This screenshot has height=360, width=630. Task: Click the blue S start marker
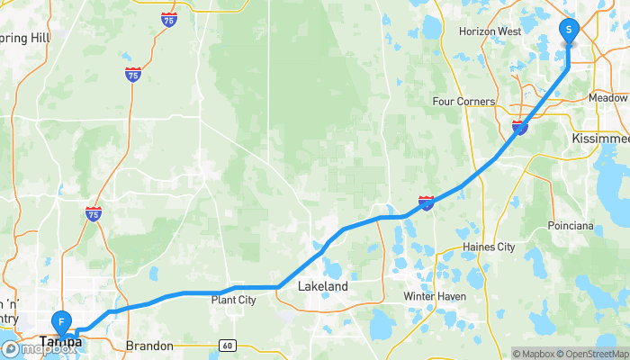point(569,31)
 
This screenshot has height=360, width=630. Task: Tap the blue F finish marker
point(61,321)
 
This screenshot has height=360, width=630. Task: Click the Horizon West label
point(490,31)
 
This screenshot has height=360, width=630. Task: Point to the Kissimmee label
point(600,139)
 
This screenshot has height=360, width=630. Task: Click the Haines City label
point(487,247)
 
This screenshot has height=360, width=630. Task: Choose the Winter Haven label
point(432,296)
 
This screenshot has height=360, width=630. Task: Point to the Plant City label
point(234,300)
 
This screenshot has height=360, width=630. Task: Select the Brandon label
point(148,345)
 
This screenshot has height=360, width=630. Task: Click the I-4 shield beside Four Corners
point(519,128)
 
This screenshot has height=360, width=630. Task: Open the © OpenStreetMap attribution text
point(592,354)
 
